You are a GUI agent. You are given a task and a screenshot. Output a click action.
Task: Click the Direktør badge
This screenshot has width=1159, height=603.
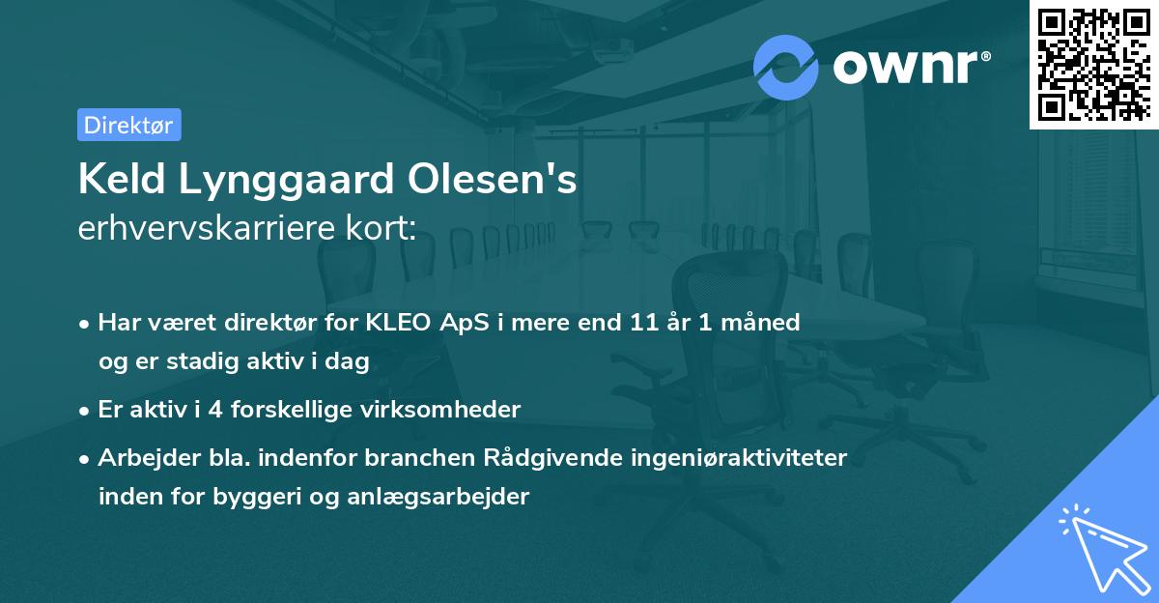[128, 125]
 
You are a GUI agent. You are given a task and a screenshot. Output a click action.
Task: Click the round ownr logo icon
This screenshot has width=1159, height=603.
[786, 68]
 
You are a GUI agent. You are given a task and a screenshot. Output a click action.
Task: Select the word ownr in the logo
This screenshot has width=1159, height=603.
[909, 68]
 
